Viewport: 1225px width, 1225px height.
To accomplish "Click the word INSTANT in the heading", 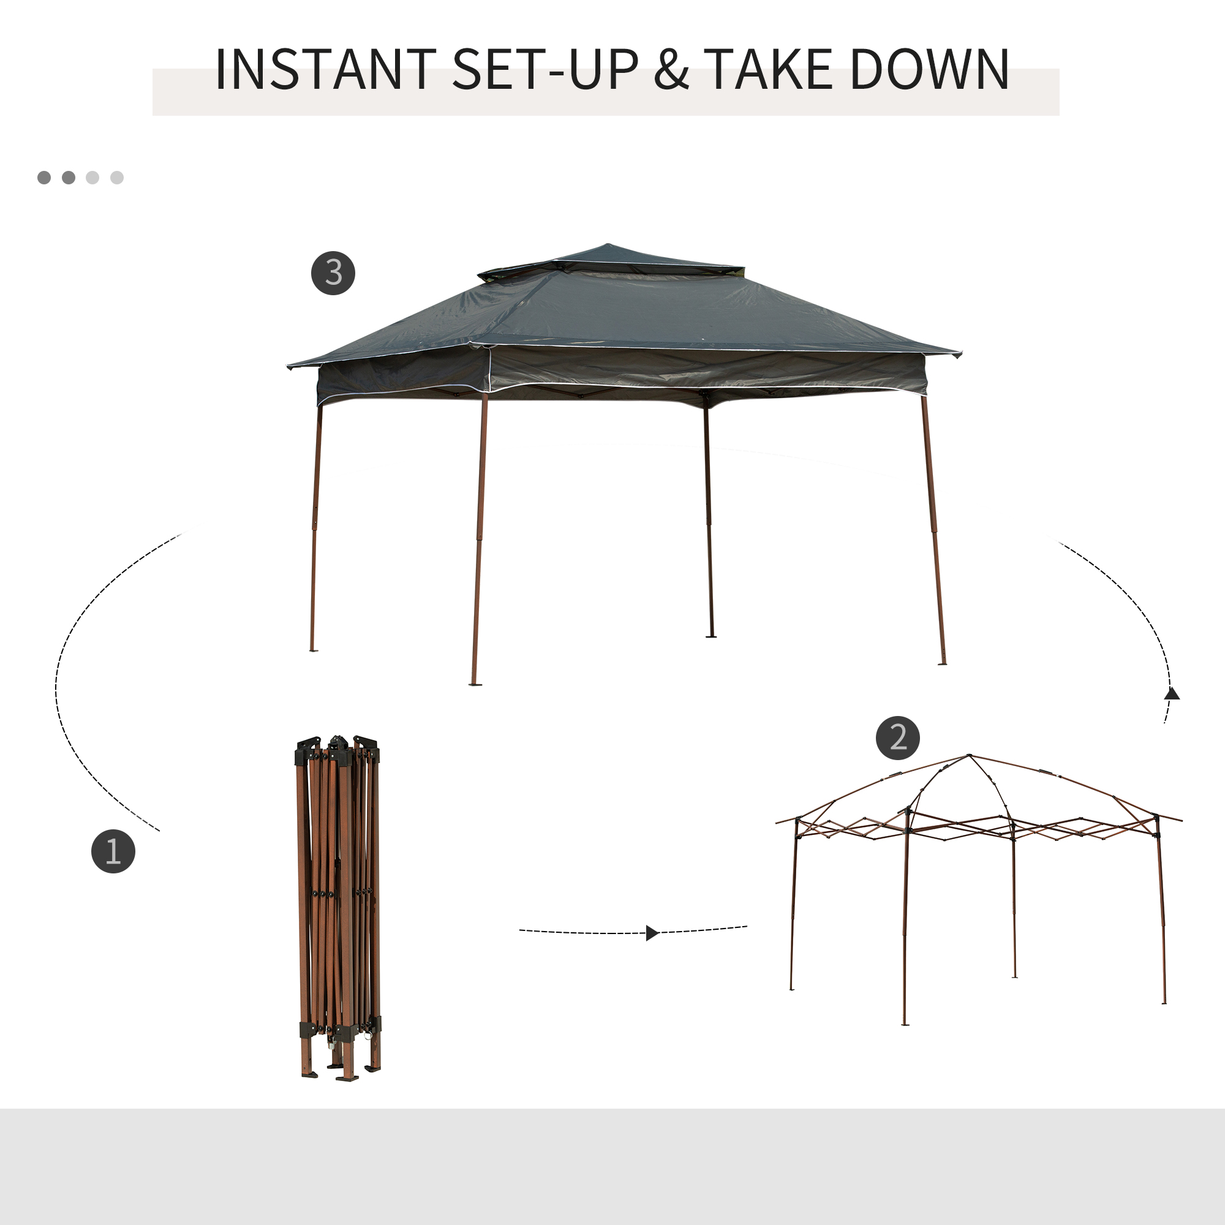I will [325, 70].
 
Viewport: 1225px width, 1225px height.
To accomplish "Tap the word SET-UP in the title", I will [545, 70].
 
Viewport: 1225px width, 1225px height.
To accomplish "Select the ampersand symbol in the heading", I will [671, 70].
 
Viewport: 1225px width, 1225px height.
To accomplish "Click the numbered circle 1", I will [113, 851].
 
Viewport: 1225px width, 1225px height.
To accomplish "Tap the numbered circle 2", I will [898, 737].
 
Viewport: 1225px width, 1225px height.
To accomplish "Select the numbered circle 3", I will [333, 273].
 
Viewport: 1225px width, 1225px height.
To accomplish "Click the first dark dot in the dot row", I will [43, 178].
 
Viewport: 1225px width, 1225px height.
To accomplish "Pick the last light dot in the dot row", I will [116, 178].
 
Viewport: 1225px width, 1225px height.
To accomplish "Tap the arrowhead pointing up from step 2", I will [1172, 694].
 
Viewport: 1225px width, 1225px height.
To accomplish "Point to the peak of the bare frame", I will [969, 756].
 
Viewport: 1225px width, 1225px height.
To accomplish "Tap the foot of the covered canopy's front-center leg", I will [475, 683].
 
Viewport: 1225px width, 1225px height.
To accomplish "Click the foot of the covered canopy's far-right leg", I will [942, 663].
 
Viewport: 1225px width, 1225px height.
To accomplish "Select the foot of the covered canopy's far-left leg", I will [312, 649].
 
